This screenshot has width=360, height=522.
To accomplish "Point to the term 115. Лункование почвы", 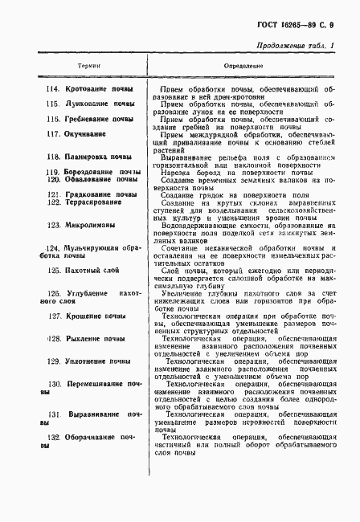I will click(89, 104).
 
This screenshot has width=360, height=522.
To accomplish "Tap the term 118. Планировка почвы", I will click(88, 157).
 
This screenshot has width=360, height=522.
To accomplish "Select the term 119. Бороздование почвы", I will click(91, 172).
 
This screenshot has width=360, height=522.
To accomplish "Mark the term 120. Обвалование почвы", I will click(91, 179).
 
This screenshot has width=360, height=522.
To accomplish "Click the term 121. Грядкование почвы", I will click(91, 194).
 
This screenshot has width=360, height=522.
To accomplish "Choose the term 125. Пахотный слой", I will click(84, 272).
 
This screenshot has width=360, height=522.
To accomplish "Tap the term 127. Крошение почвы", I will click(87, 316).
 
